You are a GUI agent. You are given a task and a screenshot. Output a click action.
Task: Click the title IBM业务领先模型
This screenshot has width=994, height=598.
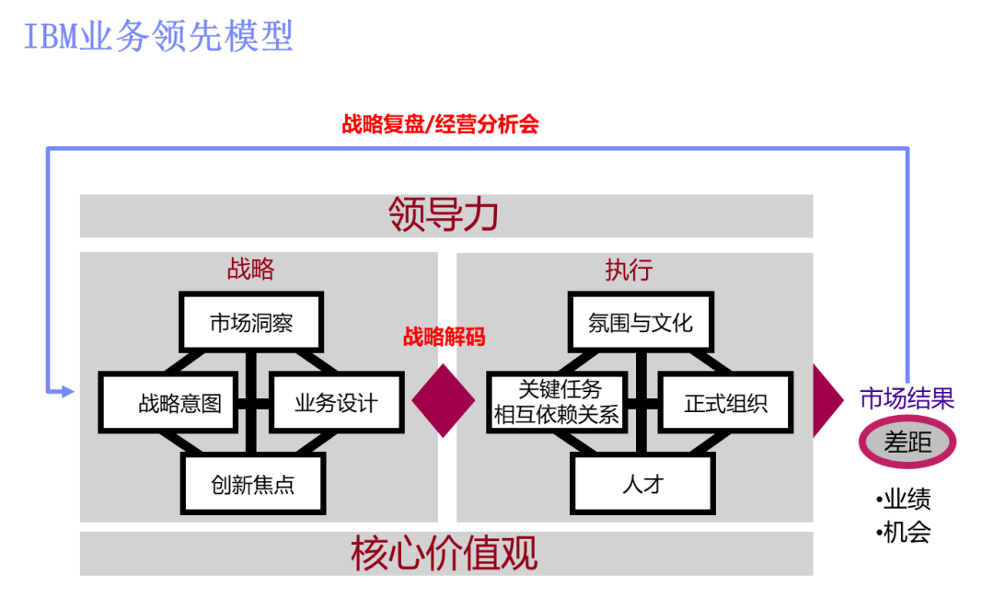(x=158, y=37)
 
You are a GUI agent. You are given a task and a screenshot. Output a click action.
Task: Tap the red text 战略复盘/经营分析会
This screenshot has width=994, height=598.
(x=440, y=124)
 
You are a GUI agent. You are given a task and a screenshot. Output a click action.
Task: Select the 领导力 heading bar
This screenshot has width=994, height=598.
(x=445, y=215)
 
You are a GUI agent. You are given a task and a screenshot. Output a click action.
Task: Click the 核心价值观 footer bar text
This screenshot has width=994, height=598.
(x=445, y=554)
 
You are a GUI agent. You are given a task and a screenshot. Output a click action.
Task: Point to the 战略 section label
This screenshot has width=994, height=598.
(x=250, y=269)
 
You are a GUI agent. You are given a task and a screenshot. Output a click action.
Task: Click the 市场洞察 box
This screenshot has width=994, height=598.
(x=251, y=323)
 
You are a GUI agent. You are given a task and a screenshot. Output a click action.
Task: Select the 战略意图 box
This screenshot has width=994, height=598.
(x=169, y=403)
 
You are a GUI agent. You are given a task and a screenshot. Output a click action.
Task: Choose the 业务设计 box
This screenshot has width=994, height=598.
(x=336, y=403)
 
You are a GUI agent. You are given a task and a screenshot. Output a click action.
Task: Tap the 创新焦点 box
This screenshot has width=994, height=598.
(x=253, y=484)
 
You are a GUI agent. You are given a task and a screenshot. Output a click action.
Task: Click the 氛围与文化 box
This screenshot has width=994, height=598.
(x=640, y=323)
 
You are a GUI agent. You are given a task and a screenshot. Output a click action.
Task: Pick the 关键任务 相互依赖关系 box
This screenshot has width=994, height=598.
(x=557, y=403)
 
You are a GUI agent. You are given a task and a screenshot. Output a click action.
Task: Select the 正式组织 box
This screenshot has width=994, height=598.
(x=725, y=403)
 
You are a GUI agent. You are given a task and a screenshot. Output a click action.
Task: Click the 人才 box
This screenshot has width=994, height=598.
(x=642, y=484)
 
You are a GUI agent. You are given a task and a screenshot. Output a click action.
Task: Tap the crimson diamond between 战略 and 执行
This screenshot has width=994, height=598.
(x=444, y=401)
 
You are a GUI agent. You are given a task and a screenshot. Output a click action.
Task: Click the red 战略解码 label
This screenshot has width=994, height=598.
(x=444, y=337)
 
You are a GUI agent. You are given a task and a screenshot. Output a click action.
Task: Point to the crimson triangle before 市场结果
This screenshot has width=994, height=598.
(x=826, y=400)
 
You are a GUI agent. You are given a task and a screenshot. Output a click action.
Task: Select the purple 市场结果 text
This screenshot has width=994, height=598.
(x=907, y=398)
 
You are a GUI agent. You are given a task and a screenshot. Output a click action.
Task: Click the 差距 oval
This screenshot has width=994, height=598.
(x=907, y=443)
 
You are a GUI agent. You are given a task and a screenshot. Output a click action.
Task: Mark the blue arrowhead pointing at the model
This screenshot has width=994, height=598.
(x=64, y=392)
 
